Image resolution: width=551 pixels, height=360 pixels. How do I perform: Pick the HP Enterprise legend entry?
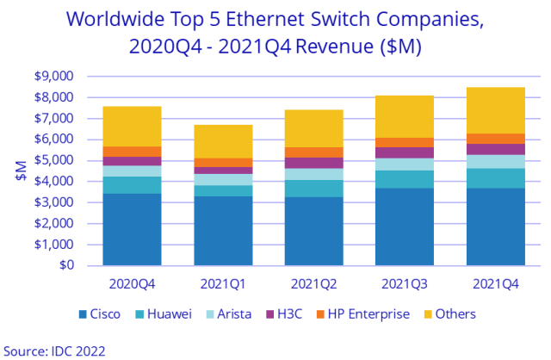(x=370, y=314)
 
